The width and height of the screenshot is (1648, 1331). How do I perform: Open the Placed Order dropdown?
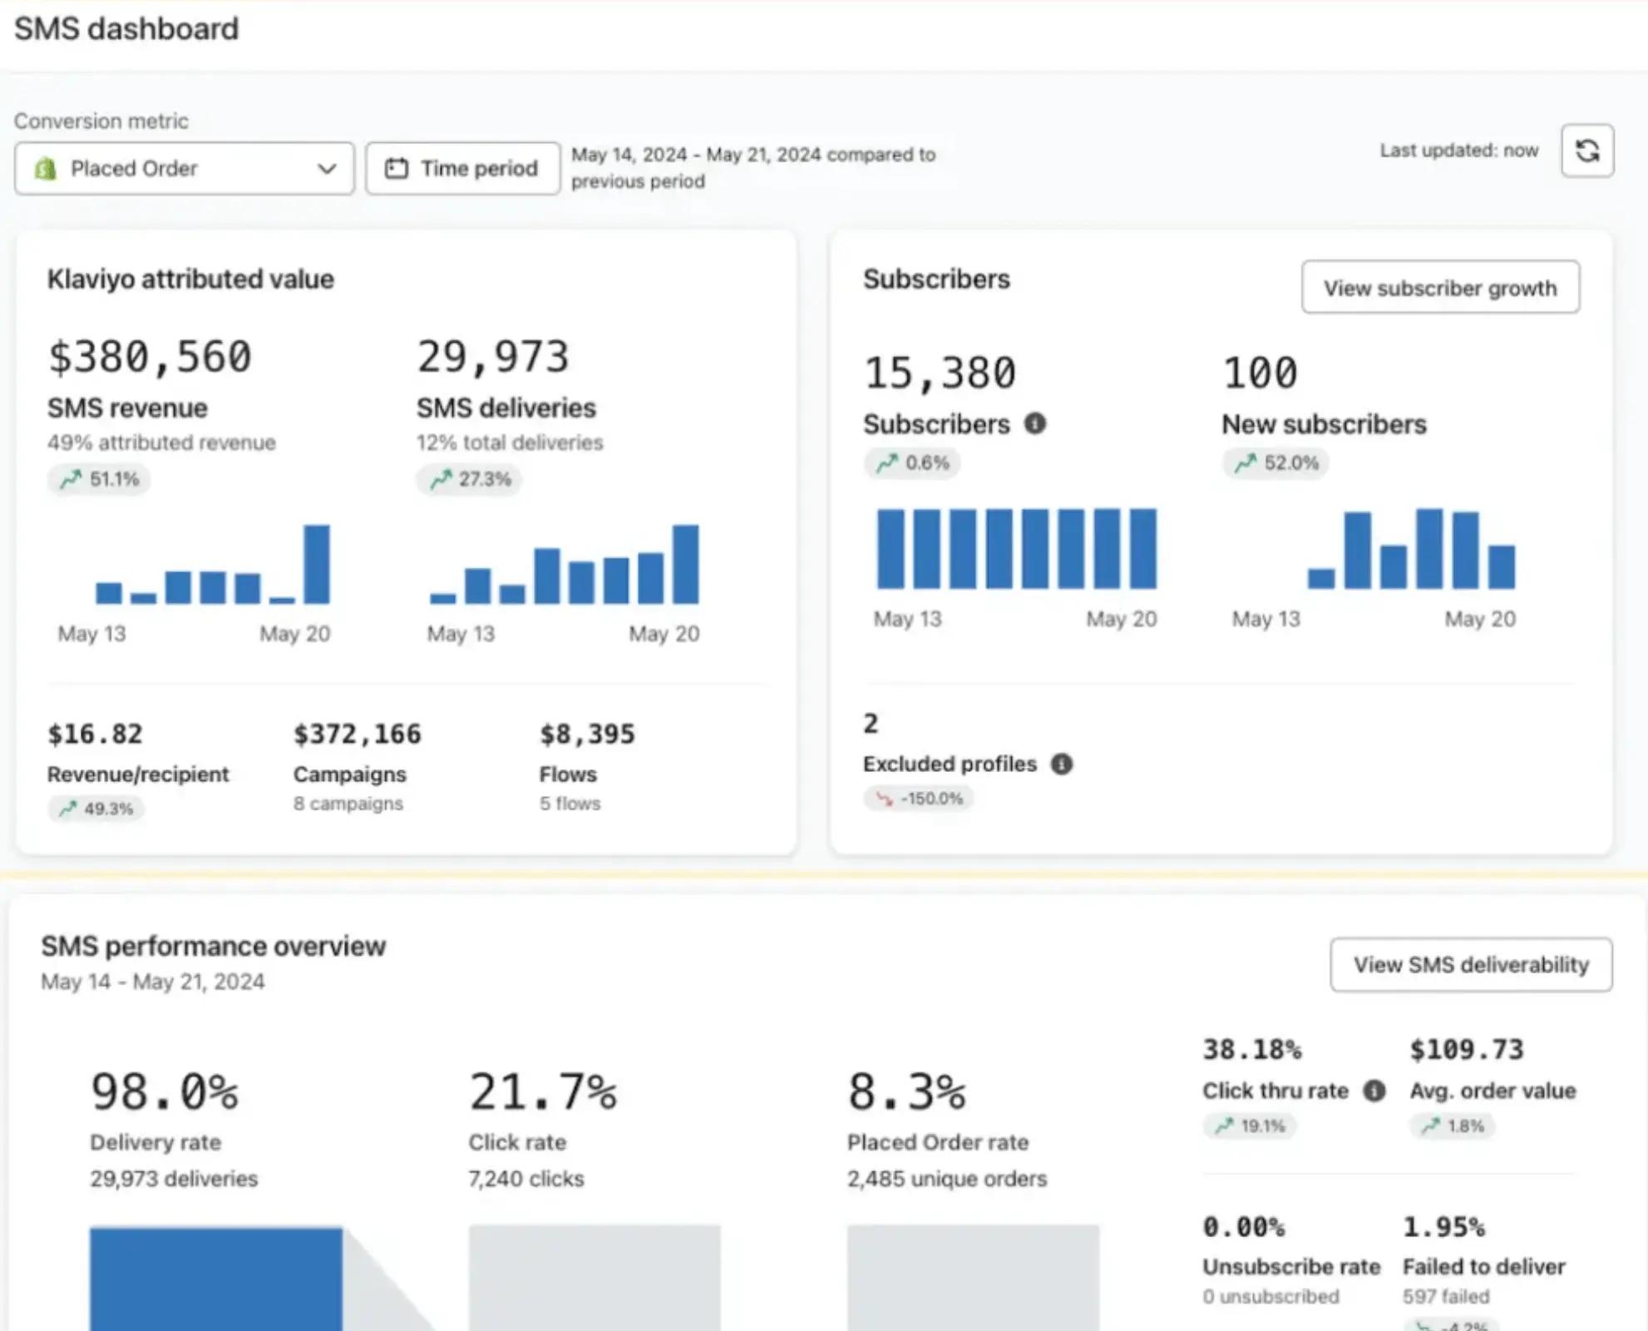coord(184,169)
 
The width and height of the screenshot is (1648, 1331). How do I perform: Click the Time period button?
coord(462,169)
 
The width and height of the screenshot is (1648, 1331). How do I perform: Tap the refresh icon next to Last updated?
coord(1586,151)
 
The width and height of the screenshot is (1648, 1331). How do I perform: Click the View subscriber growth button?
coord(1439,288)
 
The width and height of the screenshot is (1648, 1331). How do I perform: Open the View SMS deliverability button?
coord(1470,965)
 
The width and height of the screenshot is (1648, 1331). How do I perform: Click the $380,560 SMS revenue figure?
coord(150,357)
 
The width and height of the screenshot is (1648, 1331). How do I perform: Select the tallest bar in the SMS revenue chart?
coord(317,564)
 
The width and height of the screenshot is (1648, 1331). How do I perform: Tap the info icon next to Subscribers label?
coord(1034,424)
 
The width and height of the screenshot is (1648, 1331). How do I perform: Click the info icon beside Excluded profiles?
coord(1061,764)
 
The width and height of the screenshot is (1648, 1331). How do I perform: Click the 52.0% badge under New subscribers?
coord(1275,463)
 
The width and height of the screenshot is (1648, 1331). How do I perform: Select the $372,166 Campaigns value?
coord(357,734)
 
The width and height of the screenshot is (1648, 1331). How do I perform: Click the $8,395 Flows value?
coord(587,734)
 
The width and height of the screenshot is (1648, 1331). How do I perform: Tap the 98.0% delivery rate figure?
coord(164,1092)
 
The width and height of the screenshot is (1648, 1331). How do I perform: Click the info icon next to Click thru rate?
coord(1374,1091)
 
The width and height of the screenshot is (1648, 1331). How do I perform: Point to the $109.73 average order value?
coord(1466,1050)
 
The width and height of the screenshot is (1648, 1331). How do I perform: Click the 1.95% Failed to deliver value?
coord(1443,1227)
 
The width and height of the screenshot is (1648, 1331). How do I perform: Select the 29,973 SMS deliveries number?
coord(492,357)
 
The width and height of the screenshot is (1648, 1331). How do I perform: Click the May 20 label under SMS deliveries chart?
coord(664,634)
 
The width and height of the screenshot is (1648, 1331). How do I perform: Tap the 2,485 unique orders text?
coord(946,1179)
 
